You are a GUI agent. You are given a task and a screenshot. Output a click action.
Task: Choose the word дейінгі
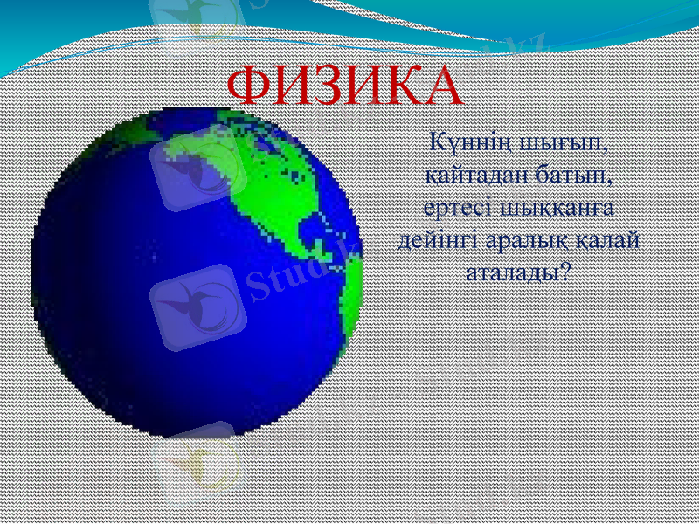click(x=435, y=238)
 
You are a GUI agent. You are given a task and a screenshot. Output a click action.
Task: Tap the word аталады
click(x=510, y=271)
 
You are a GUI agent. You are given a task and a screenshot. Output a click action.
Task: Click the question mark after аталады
click(x=564, y=271)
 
